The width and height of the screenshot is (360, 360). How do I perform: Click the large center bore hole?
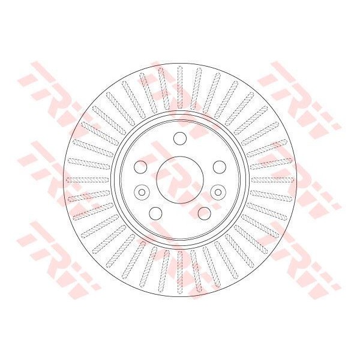180,180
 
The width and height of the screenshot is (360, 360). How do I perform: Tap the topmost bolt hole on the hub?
180,138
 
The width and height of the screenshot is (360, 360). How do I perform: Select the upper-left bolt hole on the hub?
140,167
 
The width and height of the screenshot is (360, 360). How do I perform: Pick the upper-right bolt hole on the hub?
219,167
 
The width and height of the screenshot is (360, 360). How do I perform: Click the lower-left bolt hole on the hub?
155,213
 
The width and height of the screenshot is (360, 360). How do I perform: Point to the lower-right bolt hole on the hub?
204,213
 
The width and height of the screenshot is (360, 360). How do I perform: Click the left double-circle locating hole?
142,192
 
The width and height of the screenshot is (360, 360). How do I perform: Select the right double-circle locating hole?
218,192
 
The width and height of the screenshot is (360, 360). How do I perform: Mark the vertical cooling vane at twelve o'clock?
180,87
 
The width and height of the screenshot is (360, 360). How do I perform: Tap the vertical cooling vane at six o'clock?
180,272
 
